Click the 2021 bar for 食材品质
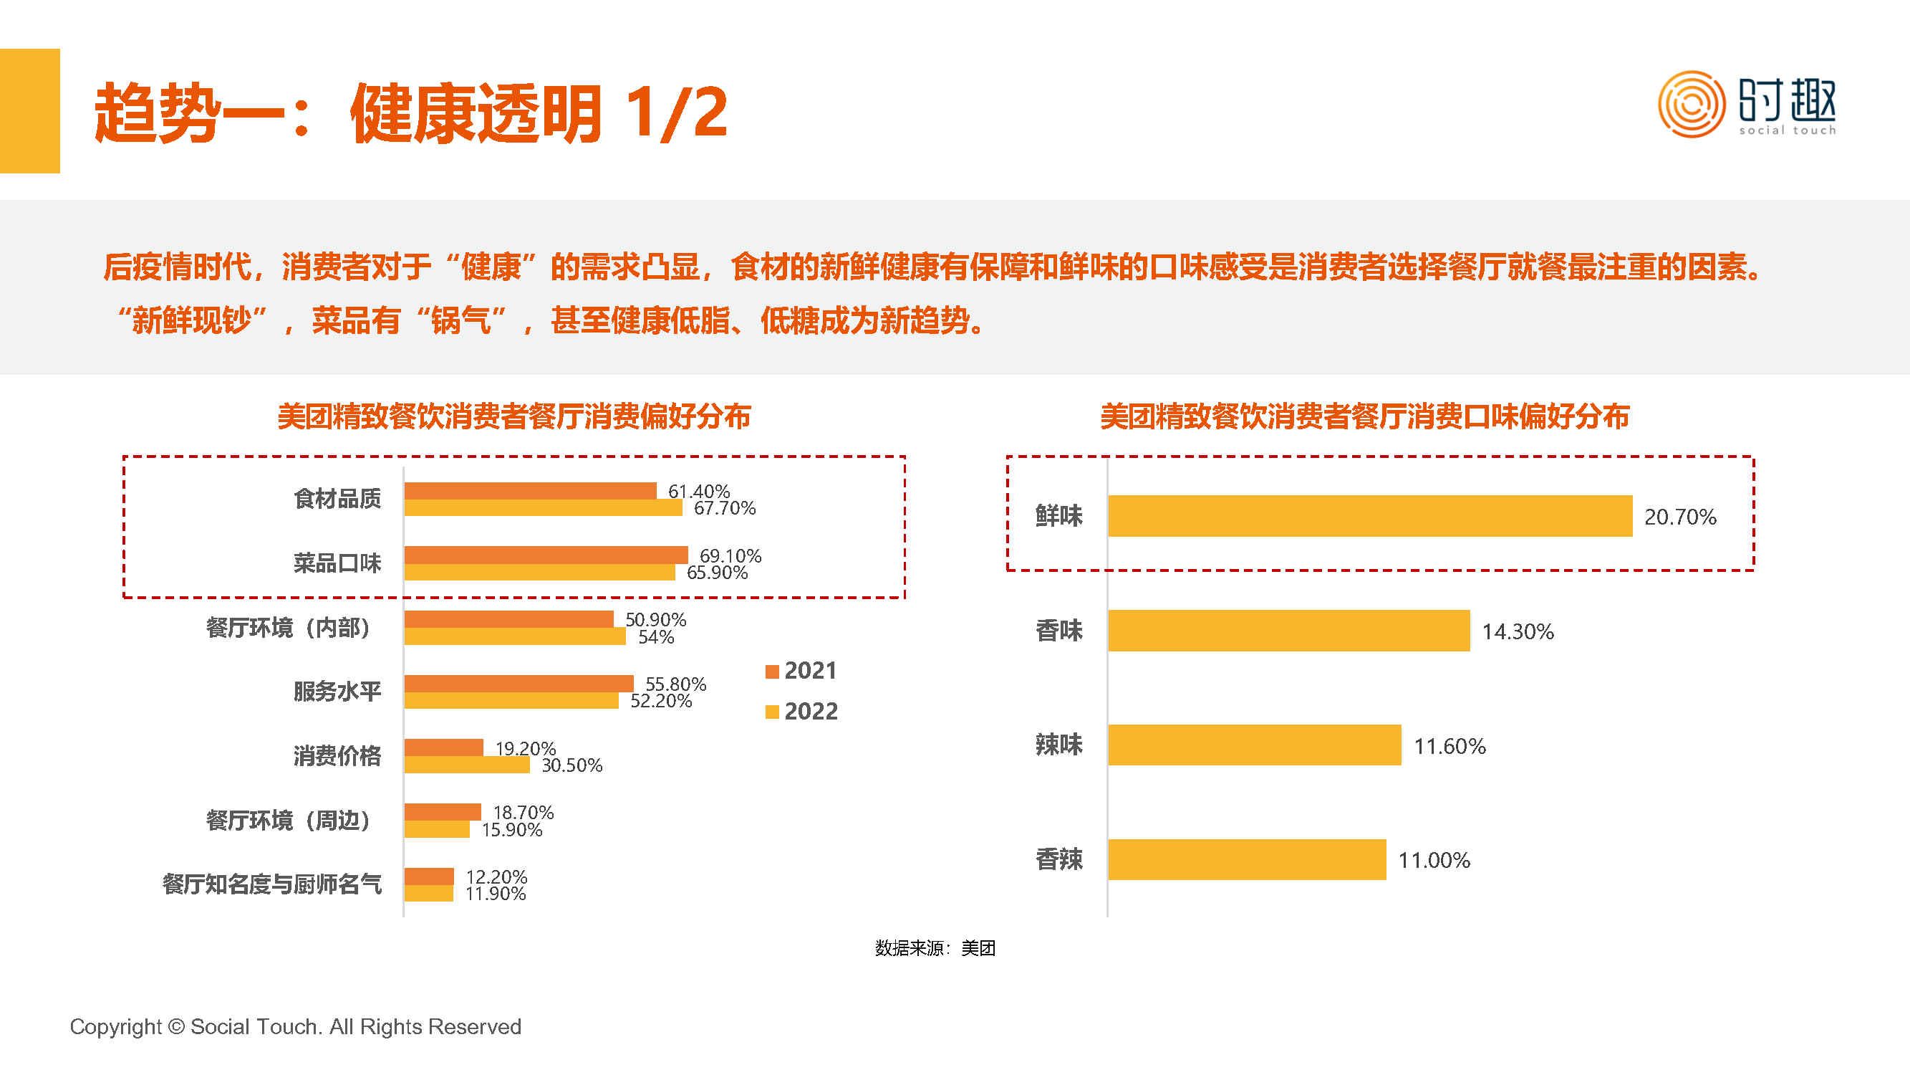[530, 490]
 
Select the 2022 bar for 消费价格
[467, 765]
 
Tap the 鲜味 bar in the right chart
[1369, 515]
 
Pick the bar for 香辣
[1246, 859]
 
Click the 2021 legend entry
[801, 671]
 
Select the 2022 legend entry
[801, 712]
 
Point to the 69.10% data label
[730, 555]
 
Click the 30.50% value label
[571, 765]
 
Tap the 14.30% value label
[1517, 631]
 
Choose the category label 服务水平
[337, 692]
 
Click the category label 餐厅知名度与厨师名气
[272, 884]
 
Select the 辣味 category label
[1058, 745]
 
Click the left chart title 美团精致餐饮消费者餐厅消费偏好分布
[513, 417]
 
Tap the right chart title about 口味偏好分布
[1364, 417]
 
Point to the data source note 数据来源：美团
[935, 948]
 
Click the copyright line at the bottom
[295, 1027]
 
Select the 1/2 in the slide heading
[675, 113]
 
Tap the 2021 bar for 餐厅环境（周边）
[443, 812]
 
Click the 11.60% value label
[1450, 746]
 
